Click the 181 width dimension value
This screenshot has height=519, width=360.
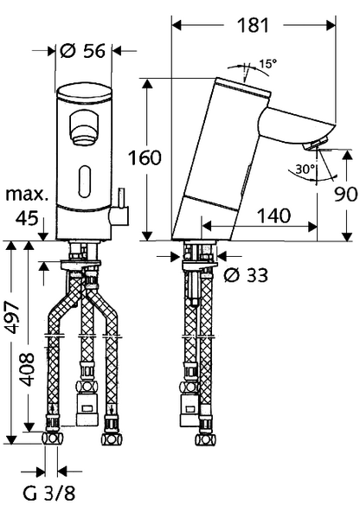tap(253, 25)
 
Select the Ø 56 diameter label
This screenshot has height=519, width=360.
tap(83, 51)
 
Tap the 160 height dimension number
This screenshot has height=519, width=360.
tap(145, 158)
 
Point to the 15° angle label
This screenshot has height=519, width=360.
tap(267, 63)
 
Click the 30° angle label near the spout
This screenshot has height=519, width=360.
tap(305, 170)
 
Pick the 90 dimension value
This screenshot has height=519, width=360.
tap(345, 194)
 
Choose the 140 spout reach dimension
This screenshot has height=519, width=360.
tap(273, 215)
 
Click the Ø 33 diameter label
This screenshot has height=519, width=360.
tap(246, 275)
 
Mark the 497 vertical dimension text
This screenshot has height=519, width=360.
tap(14, 317)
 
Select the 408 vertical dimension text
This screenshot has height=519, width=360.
tap(27, 369)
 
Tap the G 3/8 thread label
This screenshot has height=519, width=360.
tap(49, 493)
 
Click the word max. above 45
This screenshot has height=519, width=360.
tap(27, 195)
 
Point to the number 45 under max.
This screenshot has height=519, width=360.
tap(27, 218)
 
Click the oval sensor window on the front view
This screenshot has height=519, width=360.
tap(85, 182)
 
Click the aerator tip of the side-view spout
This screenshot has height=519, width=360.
tap(316, 144)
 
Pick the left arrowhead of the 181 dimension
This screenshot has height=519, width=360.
tap(177, 25)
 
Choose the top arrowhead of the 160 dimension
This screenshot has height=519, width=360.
tap(147, 84)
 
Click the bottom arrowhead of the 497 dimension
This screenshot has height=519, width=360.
tap(11, 439)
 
